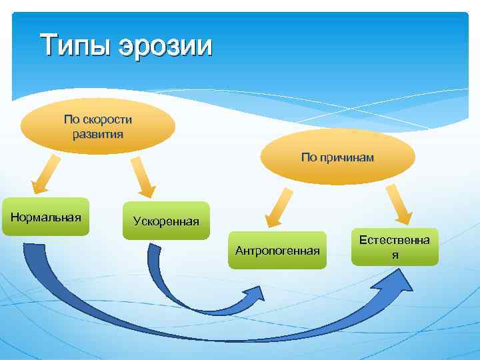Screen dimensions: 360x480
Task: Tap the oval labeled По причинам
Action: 337,157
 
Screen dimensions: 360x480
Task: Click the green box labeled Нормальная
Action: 45,217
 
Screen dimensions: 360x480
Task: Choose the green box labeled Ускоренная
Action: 166,221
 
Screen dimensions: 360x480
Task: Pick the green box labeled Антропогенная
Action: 277,250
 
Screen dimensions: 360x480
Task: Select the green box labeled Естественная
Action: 395,246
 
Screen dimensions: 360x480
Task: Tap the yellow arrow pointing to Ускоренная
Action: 142,179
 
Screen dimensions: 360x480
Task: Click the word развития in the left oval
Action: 98,133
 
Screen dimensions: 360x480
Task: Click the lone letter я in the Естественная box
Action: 395,255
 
